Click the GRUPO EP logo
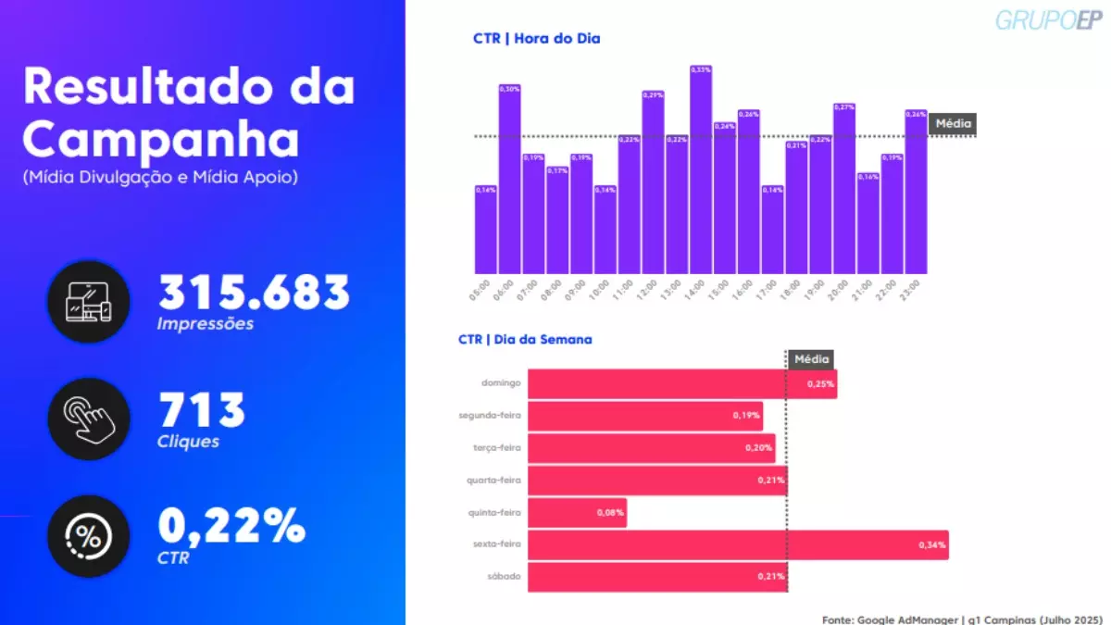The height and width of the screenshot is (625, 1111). (1050, 19)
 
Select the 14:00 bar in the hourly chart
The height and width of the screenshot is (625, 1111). (701, 170)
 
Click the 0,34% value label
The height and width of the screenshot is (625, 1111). (931, 545)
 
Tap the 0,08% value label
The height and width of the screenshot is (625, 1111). (610, 513)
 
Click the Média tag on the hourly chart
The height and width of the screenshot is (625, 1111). (953, 123)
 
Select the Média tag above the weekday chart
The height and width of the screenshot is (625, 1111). (812, 359)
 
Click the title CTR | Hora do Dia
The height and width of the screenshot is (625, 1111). (536, 39)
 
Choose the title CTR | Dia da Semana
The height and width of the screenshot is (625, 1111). (525, 340)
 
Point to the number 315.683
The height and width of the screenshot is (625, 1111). (254, 293)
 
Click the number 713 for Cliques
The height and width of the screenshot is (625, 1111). (202, 410)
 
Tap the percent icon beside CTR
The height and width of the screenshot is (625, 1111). (89, 536)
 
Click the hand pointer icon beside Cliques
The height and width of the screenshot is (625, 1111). (89, 419)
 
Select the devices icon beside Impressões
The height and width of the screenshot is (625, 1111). (89, 302)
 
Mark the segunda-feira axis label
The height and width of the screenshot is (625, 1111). (490, 416)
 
